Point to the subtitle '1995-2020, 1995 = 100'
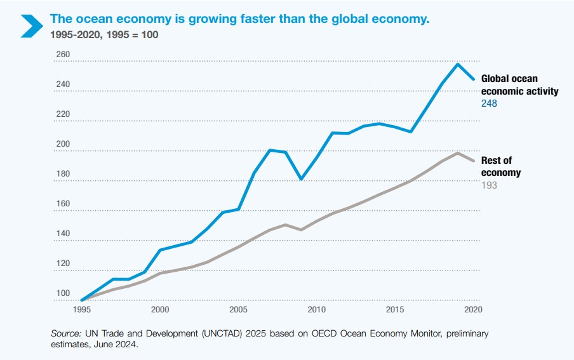(x=104, y=34)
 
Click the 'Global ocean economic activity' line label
(x=519, y=85)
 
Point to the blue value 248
(x=489, y=103)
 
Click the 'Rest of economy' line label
(x=501, y=167)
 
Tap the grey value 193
(x=489, y=185)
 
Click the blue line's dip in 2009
(x=301, y=179)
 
